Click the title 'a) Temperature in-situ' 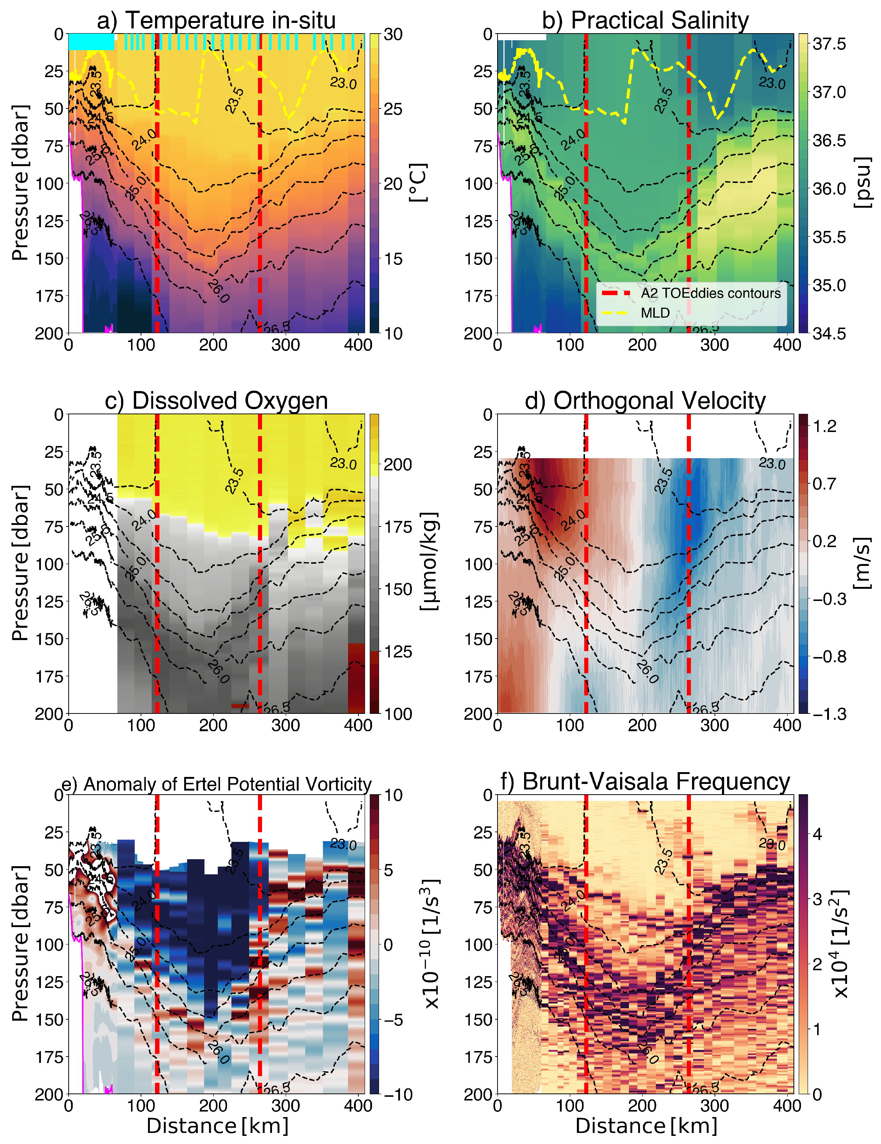pyautogui.click(x=216, y=20)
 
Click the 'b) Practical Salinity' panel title pyautogui.click(x=645, y=20)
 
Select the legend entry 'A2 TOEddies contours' pyautogui.click(x=710, y=293)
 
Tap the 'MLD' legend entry pyautogui.click(x=655, y=313)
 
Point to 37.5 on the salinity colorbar pyautogui.click(x=829, y=44)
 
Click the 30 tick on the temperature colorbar pyautogui.click(x=393, y=35)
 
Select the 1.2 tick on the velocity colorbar pyautogui.click(x=825, y=426)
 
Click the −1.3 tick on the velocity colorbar pyautogui.click(x=829, y=714)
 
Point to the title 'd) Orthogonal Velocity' pyautogui.click(x=645, y=401)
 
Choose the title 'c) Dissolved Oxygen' pyautogui.click(x=216, y=401)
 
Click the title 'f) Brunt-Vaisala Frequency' pyautogui.click(x=645, y=782)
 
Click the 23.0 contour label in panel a pyautogui.click(x=343, y=83)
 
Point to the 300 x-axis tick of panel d pyautogui.click(x=715, y=726)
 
